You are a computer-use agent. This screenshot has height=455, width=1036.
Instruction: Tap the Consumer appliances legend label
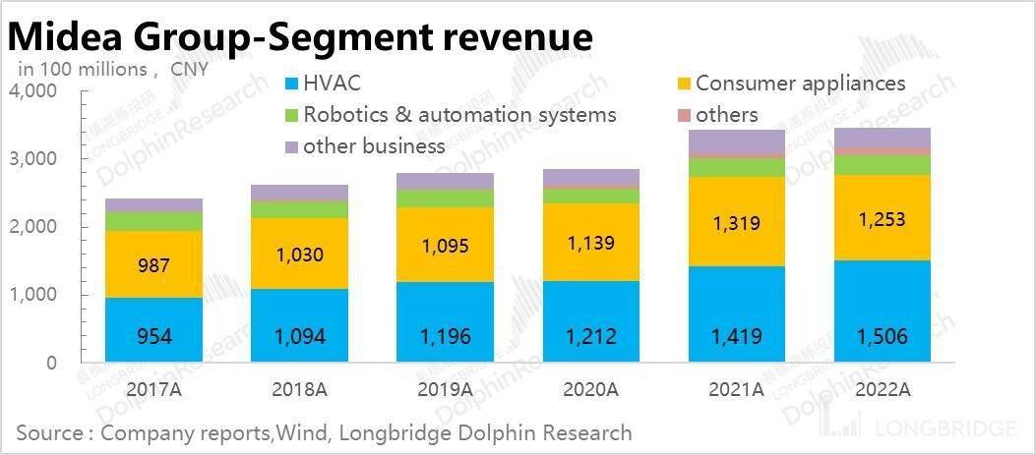(800, 84)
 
